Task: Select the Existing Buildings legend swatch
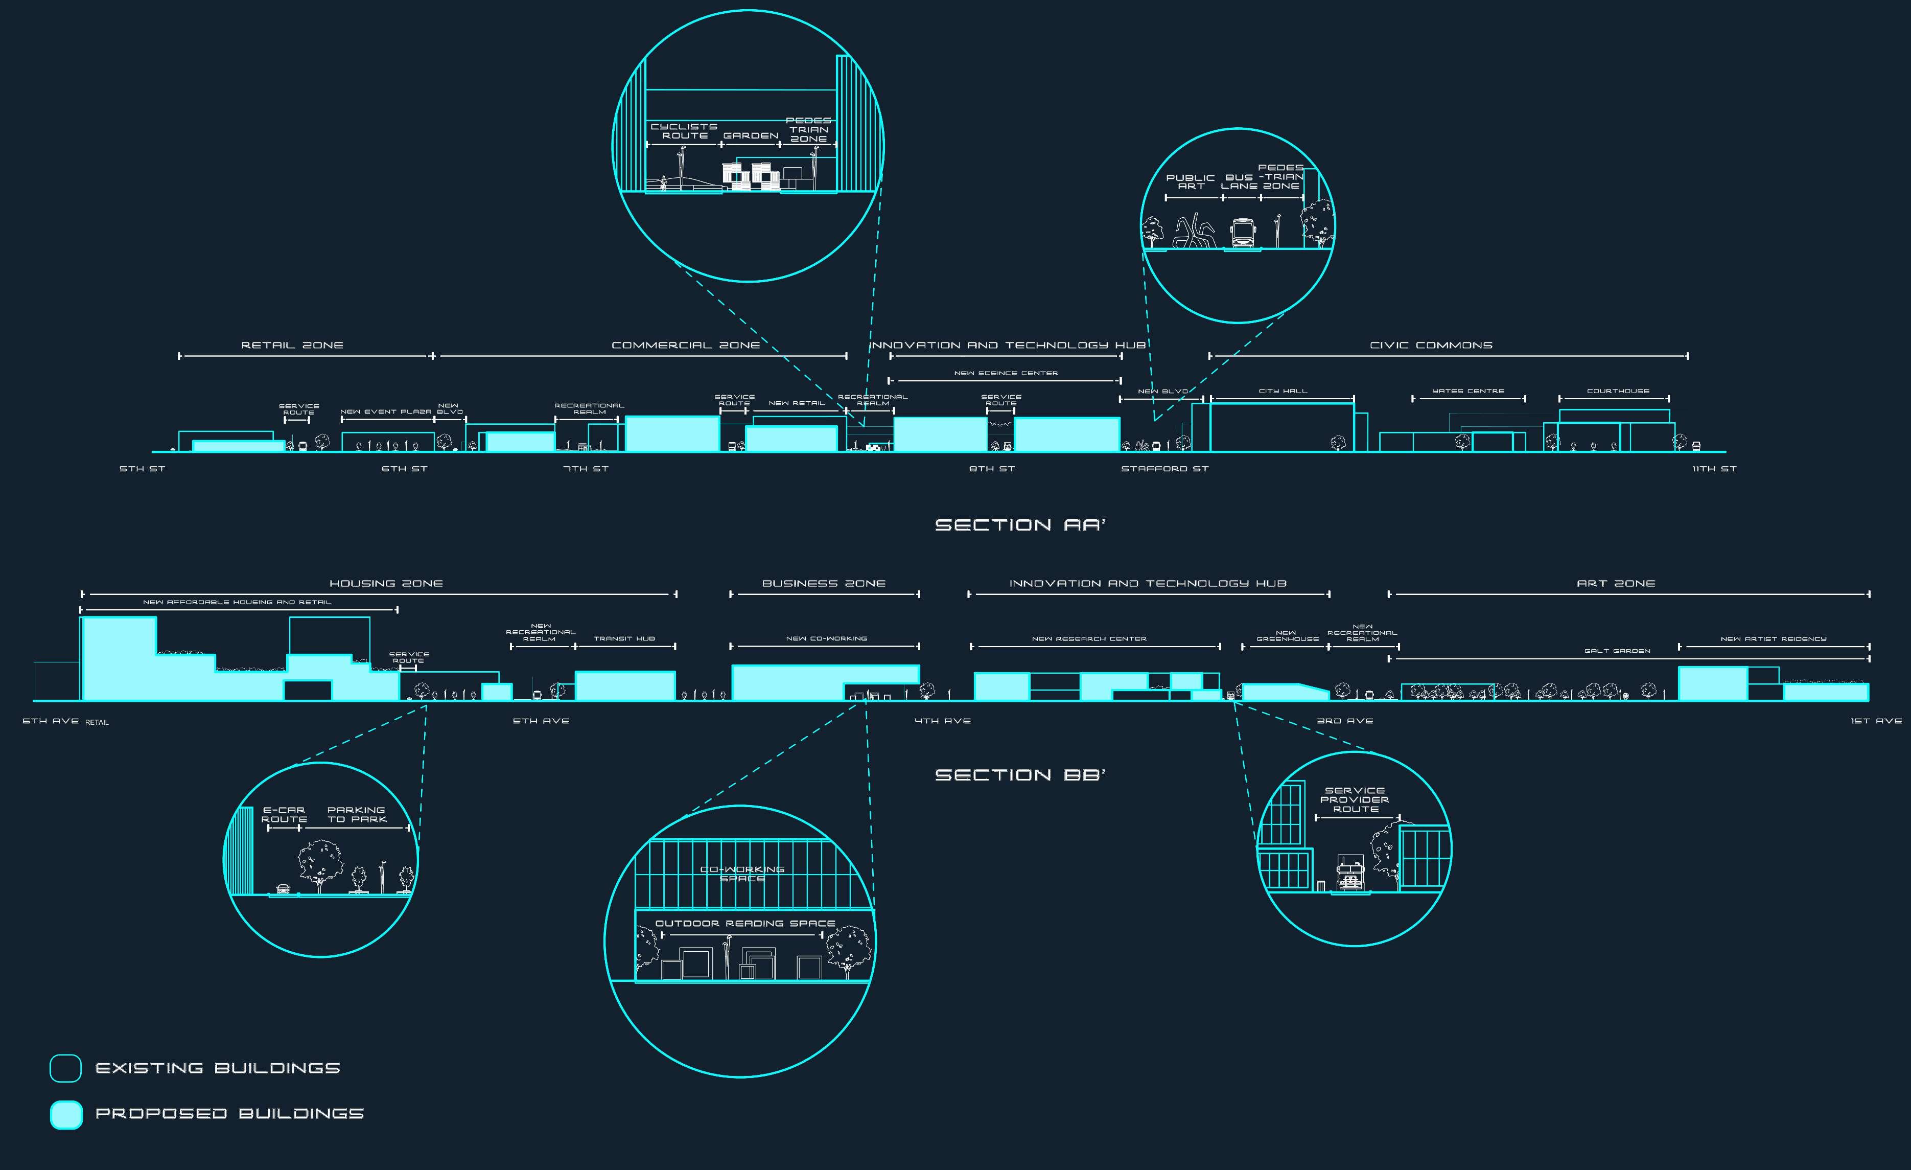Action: (66, 1068)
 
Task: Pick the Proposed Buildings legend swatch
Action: (66, 1114)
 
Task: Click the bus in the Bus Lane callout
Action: (1243, 233)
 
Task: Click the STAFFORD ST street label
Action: (1164, 469)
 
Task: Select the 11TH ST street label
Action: (1714, 469)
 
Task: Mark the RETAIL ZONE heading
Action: (292, 345)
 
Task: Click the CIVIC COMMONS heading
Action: (1431, 345)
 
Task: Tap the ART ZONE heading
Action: (1616, 583)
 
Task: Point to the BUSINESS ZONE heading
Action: (824, 583)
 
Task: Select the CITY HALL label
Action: (1283, 391)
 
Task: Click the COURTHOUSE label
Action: (1618, 391)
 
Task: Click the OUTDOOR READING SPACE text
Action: (744, 923)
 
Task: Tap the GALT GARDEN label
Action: (1617, 651)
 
